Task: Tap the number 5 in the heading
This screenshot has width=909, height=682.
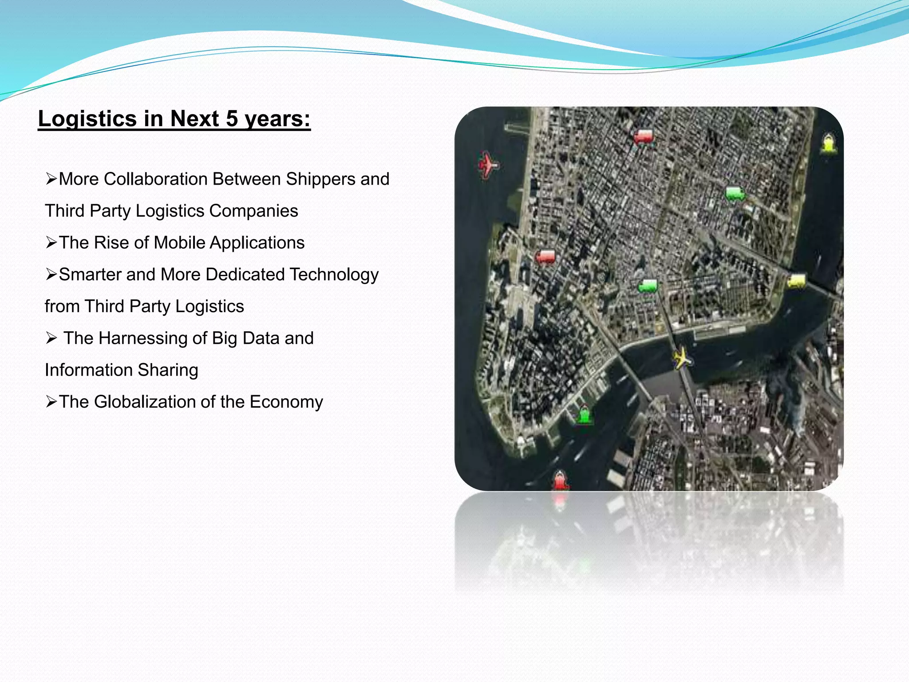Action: tap(232, 119)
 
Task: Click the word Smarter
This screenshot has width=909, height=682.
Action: tap(90, 274)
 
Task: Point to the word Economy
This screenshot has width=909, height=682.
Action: tap(286, 402)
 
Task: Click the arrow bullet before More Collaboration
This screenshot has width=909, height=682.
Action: tap(51, 179)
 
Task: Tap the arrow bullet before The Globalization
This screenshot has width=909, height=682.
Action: tap(51, 402)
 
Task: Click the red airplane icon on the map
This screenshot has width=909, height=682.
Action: tap(488, 165)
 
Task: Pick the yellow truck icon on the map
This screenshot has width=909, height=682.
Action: tap(796, 281)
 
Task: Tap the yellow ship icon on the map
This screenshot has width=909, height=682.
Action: tap(828, 143)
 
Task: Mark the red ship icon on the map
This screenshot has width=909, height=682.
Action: tap(560, 480)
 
